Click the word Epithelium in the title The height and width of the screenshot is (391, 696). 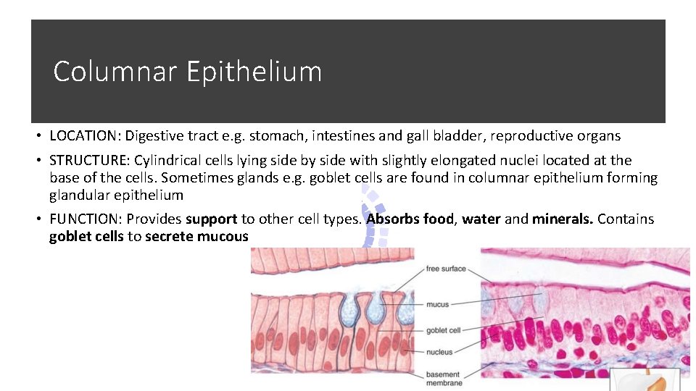point(254,72)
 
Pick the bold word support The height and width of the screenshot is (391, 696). point(211,219)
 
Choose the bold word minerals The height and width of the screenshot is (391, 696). point(562,219)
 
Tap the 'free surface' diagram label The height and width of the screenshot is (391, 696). point(446,269)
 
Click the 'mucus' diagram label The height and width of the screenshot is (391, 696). point(438,305)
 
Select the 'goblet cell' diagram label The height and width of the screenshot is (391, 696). point(444,330)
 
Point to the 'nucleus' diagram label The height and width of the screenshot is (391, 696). point(439,352)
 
